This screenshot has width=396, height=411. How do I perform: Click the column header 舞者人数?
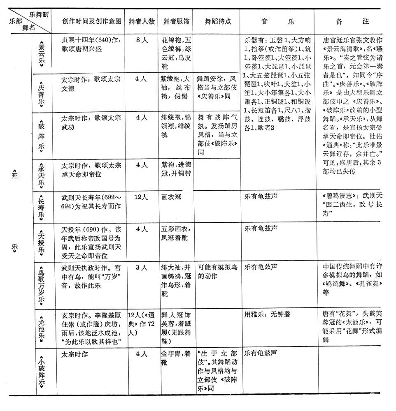[x=141, y=21]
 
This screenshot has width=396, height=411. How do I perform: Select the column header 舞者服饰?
[x=176, y=21]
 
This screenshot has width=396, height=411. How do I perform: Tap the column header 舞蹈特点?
[x=217, y=21]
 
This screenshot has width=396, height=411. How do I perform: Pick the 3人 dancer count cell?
[x=141, y=267]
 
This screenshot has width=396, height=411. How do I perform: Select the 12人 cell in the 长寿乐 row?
[x=141, y=197]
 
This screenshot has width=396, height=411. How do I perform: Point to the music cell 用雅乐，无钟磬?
[x=268, y=314]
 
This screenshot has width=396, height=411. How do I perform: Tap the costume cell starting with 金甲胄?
[x=176, y=357]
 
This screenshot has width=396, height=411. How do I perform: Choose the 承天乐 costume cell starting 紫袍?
[x=176, y=169]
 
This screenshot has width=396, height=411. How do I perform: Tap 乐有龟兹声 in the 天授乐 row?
[x=261, y=229]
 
